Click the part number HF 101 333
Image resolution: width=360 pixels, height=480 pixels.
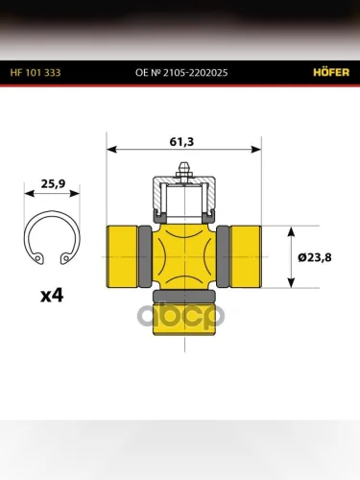pyautogui.click(x=36, y=73)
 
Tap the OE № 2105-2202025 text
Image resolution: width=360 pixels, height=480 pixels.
pyautogui.click(x=181, y=73)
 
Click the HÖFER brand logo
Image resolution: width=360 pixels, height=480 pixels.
pyautogui.click(x=331, y=72)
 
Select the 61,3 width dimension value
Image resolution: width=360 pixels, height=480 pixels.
pyautogui.click(x=181, y=141)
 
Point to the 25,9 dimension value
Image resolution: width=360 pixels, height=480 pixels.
pyautogui.click(x=53, y=183)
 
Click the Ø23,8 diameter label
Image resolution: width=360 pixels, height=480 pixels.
pyautogui.click(x=315, y=257)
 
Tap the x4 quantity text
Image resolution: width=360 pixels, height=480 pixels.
pyautogui.click(x=52, y=296)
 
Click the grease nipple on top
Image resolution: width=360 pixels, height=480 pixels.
pyautogui.click(x=184, y=172)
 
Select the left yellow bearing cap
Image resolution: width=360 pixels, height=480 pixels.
pyautogui.click(x=122, y=256)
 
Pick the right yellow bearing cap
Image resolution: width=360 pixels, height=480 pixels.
pyautogui.click(x=246, y=256)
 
